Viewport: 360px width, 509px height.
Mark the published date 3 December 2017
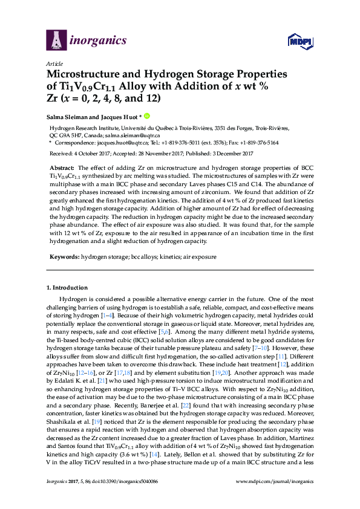click(x=234, y=154)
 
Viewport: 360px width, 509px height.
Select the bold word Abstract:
click(x=62, y=166)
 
